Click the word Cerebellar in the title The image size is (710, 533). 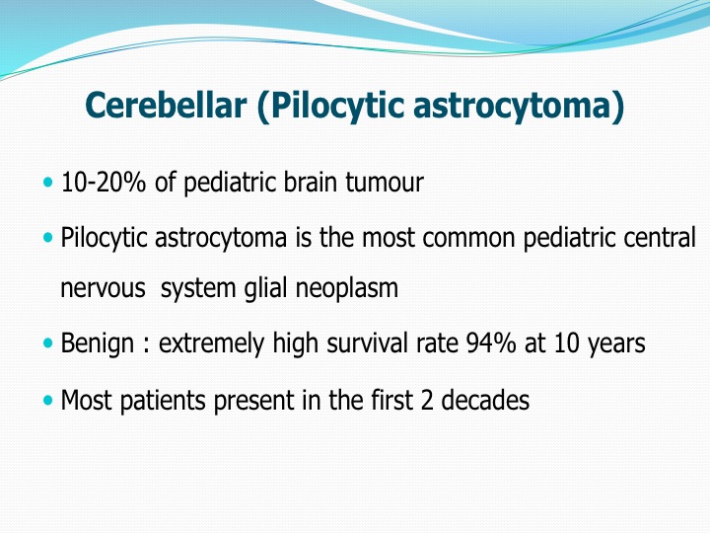[x=167, y=105]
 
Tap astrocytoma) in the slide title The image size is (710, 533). [x=519, y=107]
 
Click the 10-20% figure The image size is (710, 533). [x=104, y=183]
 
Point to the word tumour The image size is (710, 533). [x=385, y=183]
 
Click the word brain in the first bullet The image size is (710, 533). [x=311, y=183]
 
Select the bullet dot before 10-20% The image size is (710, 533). [x=48, y=183]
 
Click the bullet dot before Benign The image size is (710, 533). [x=48, y=343]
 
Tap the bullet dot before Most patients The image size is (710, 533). [x=48, y=400]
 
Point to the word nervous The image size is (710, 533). [x=103, y=288]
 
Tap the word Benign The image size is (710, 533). [x=98, y=343]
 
